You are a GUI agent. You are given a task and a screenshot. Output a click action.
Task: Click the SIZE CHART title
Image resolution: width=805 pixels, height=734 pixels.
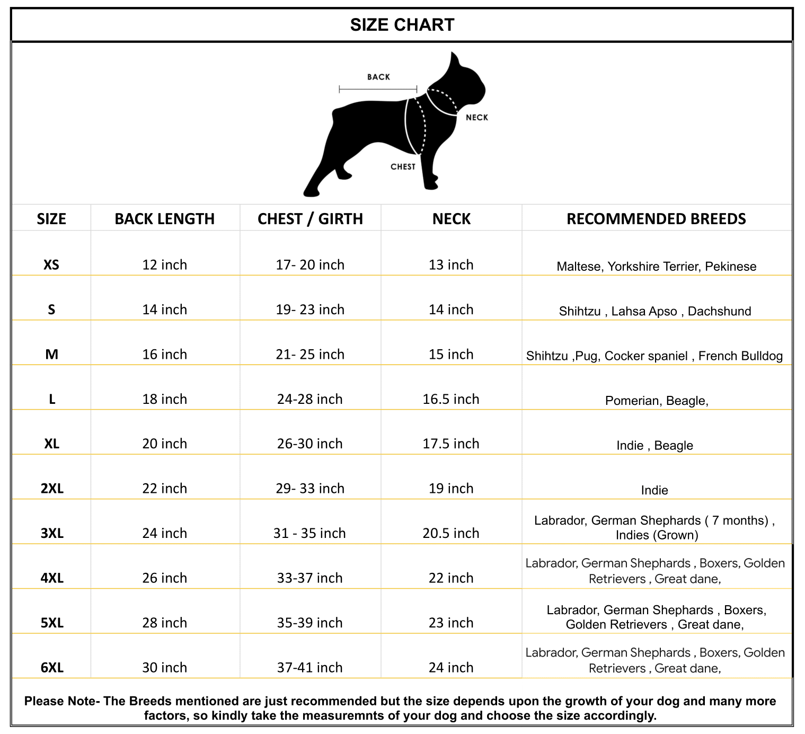pos(402,25)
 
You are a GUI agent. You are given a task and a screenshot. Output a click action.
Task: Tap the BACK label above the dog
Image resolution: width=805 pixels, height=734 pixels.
pos(378,77)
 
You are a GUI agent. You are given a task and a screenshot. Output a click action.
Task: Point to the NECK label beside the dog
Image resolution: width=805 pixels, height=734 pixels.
pos(476,118)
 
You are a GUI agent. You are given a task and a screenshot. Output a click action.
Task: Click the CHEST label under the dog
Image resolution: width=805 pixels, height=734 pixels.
pos(403,167)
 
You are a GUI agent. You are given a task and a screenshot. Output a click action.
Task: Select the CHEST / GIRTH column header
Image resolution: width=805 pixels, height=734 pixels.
pos(310,219)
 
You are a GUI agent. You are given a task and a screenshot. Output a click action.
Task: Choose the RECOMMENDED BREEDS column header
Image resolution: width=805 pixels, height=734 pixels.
pos(656,219)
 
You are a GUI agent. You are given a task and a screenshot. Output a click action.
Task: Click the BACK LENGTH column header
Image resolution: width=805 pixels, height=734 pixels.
pos(164,219)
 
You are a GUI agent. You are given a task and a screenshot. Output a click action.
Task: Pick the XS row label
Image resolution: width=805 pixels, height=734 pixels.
pos(51,264)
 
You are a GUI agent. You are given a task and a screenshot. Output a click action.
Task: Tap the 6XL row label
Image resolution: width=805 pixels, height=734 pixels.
pos(52,667)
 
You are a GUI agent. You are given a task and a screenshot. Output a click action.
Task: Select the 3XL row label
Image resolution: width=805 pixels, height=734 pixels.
pos(52,533)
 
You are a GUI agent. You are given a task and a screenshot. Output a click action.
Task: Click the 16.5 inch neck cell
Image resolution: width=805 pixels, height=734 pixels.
pos(450,399)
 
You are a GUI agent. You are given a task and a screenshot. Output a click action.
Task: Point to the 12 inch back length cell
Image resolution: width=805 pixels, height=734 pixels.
pos(164,264)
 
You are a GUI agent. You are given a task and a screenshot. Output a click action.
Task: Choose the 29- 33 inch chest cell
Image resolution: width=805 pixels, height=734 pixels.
pos(310,488)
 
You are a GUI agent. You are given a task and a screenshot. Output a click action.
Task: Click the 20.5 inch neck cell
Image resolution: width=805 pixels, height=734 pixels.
pos(450,533)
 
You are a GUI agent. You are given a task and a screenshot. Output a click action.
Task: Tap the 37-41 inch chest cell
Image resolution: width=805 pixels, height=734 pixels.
pos(309,667)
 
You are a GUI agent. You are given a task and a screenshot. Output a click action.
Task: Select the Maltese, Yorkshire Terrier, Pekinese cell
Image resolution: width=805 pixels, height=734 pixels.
pos(656,267)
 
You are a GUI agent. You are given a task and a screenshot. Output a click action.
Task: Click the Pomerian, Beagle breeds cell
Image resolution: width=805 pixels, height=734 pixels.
pos(656,401)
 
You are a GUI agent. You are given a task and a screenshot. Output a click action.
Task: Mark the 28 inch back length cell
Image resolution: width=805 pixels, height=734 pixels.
pos(164,623)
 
